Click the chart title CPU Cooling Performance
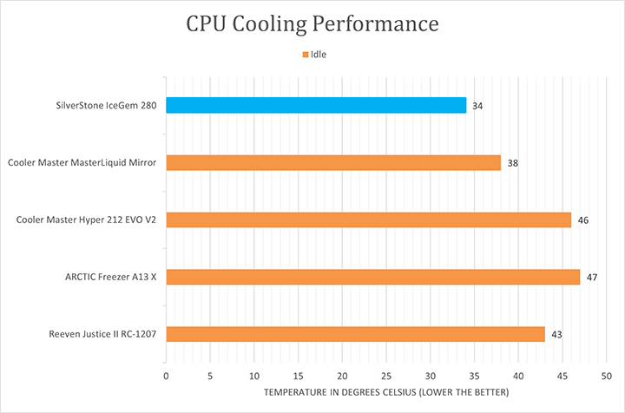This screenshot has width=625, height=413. click(x=312, y=24)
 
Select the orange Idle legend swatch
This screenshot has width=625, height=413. click(x=306, y=55)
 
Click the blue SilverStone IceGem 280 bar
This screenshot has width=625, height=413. click(x=316, y=105)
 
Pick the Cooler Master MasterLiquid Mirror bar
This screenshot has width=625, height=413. click(x=333, y=162)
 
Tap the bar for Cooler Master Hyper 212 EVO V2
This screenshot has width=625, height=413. click(x=368, y=220)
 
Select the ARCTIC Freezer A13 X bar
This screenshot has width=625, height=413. click(x=372, y=277)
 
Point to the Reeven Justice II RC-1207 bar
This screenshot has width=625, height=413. click(x=355, y=334)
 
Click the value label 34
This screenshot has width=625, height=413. click(x=477, y=106)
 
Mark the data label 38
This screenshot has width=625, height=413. click(x=513, y=163)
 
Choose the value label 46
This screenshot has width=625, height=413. click(x=583, y=220)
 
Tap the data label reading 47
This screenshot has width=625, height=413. click(x=592, y=278)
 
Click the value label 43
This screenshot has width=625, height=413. click(x=556, y=335)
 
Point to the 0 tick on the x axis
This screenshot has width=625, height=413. click(x=166, y=377)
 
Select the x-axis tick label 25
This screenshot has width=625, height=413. click(x=386, y=377)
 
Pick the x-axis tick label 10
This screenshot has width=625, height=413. click(x=253, y=377)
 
